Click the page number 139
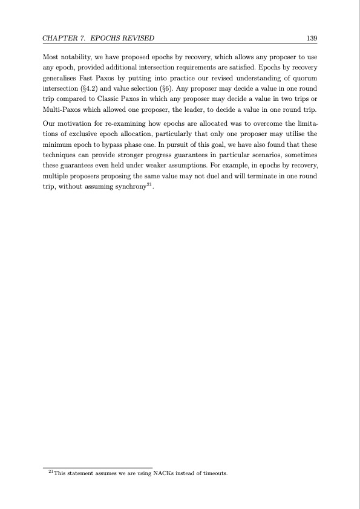[x=313, y=38]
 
